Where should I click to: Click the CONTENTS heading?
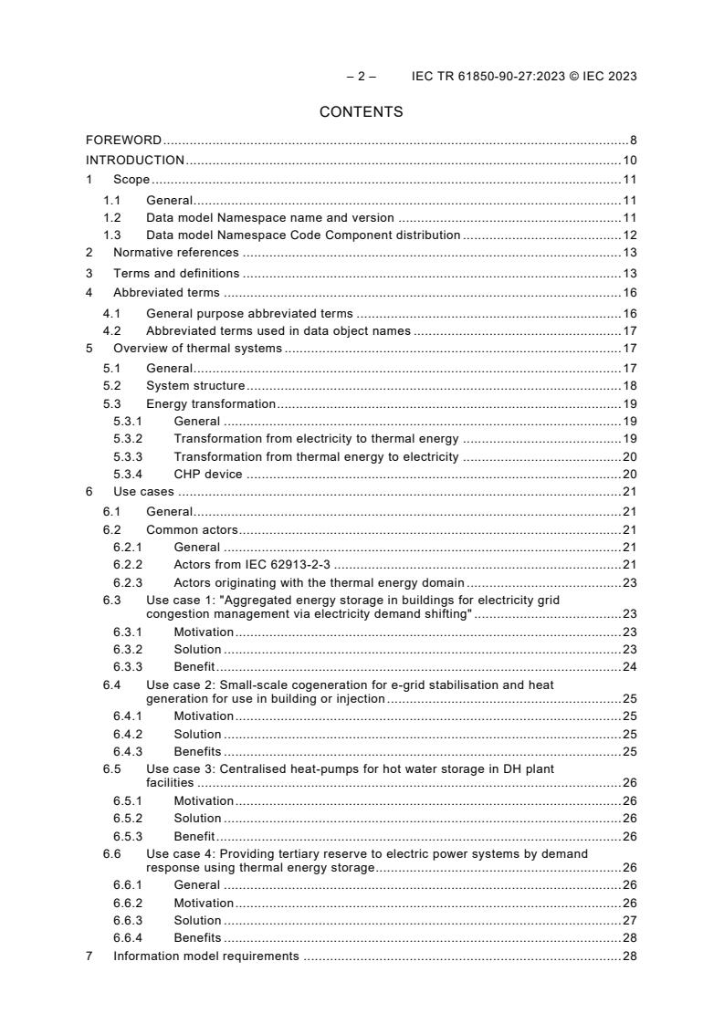[x=361, y=112]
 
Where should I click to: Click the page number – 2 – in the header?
[x=361, y=76]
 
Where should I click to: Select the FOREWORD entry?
[x=123, y=141]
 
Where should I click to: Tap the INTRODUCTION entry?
[x=135, y=161]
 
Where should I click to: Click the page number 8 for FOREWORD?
[x=633, y=141]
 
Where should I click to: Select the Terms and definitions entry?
[x=176, y=273]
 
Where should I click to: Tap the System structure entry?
[x=195, y=386]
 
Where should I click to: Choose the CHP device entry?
[x=208, y=474]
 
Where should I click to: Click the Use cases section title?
[x=143, y=492]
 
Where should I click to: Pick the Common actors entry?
[x=192, y=529]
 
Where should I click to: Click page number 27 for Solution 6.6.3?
[x=629, y=920]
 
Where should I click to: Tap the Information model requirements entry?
[x=205, y=956]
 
